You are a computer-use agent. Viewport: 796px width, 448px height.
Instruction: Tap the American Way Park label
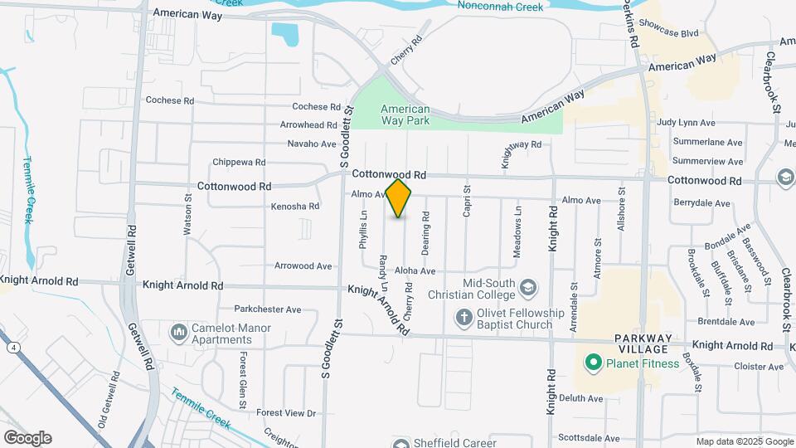coord(405,115)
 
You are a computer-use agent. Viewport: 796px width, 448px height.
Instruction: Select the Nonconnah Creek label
coord(500,7)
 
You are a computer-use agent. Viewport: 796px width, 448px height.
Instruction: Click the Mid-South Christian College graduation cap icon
coord(527,288)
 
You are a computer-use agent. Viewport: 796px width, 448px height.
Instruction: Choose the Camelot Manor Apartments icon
coord(178,334)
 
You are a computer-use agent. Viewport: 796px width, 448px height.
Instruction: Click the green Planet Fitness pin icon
coord(593,363)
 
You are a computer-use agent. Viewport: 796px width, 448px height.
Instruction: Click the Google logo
coord(27,438)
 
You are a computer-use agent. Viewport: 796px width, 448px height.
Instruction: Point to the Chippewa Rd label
coord(239,163)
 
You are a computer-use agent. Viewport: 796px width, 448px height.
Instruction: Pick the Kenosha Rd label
coord(295,206)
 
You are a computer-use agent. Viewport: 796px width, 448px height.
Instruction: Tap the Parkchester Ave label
coord(267,309)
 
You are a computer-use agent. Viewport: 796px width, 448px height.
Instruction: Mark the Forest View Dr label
coord(287,412)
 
